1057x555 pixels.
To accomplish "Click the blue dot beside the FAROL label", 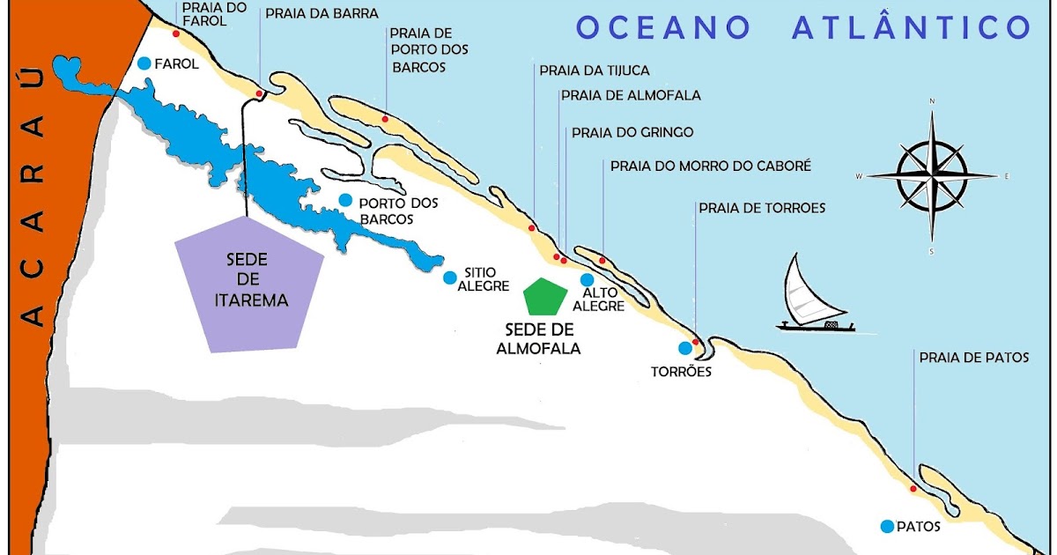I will pyautogui.click(x=144, y=63).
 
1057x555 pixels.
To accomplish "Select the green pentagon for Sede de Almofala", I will pyautogui.click(x=543, y=297).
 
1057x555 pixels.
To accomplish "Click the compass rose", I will pyautogui.click(x=932, y=174).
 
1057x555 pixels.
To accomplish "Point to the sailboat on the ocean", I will pyautogui.click(x=815, y=296).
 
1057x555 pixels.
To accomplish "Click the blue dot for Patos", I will pyautogui.click(x=887, y=526).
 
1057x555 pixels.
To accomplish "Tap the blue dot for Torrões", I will pyautogui.click(x=684, y=347).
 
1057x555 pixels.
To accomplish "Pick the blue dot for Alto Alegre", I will pyautogui.click(x=588, y=279).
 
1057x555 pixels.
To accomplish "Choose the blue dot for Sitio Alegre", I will pyautogui.click(x=450, y=277).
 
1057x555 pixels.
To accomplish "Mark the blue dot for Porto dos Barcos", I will pyautogui.click(x=346, y=200).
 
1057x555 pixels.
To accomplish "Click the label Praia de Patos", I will pyautogui.click(x=973, y=358).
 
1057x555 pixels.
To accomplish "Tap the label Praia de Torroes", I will pyautogui.click(x=762, y=209).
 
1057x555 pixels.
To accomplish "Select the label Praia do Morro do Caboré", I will pyautogui.click(x=710, y=166).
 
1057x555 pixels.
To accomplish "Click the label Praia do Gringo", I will pyautogui.click(x=632, y=133).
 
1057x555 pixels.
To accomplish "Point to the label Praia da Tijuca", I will pyautogui.click(x=595, y=70).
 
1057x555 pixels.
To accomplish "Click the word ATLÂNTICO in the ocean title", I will pyautogui.click(x=911, y=28).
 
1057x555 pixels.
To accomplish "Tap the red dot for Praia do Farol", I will pyautogui.click(x=176, y=34).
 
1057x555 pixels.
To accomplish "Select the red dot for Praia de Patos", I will pyautogui.click(x=913, y=488).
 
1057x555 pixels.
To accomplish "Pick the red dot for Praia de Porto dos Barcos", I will pyautogui.click(x=385, y=118).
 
